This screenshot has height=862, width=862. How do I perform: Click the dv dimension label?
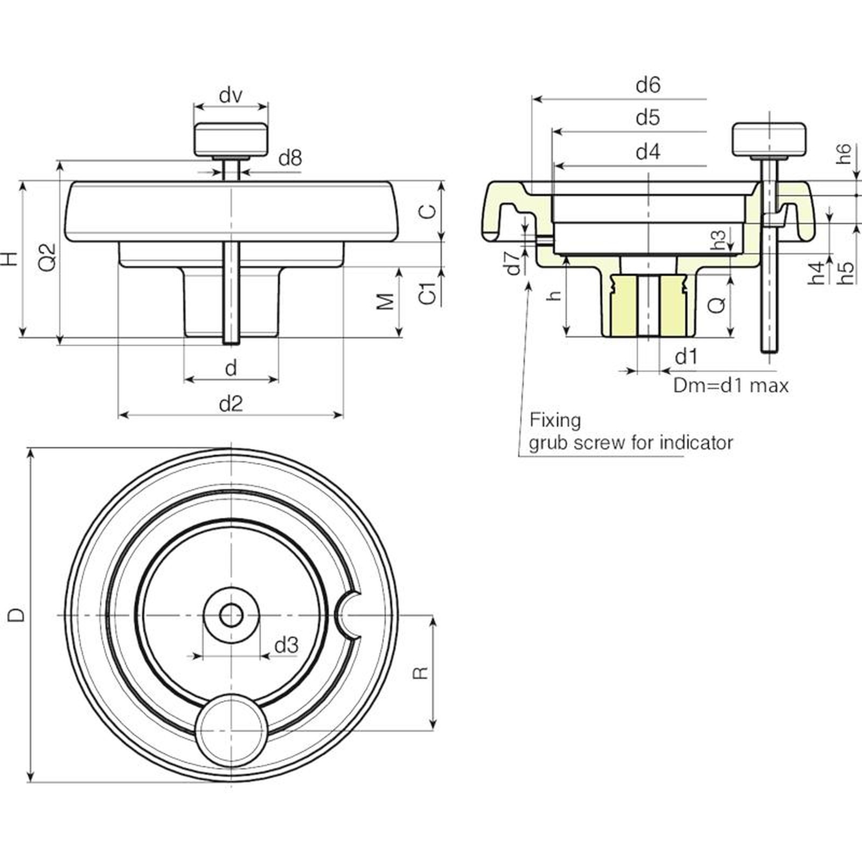[231, 95]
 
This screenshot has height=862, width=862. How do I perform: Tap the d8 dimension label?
[290, 158]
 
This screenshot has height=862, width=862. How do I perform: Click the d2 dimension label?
[231, 403]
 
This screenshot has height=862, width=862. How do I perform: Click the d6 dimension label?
[648, 85]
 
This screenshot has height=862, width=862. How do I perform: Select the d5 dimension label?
[648, 117]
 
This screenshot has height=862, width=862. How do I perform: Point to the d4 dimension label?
[648, 152]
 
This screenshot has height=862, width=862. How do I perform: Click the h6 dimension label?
[844, 154]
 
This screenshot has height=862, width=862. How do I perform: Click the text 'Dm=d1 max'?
[731, 385]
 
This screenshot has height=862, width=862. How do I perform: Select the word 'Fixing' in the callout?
[555, 420]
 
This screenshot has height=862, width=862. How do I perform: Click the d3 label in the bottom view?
[287, 644]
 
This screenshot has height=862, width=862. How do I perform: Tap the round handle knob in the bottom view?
[231, 730]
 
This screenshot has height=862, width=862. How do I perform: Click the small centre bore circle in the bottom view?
[231, 615]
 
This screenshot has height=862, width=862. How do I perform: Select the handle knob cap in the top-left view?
[231, 139]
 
